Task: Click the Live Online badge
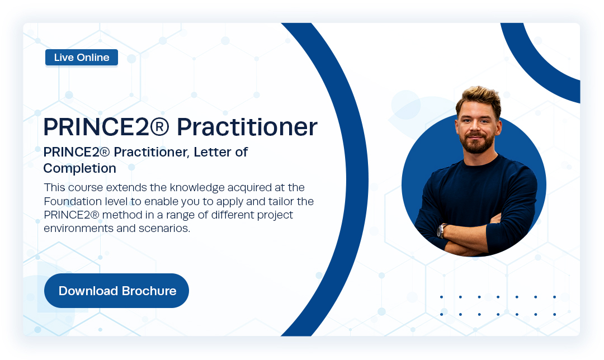82,58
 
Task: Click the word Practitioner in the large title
247,127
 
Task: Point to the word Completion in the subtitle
79,168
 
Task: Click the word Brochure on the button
149,291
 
